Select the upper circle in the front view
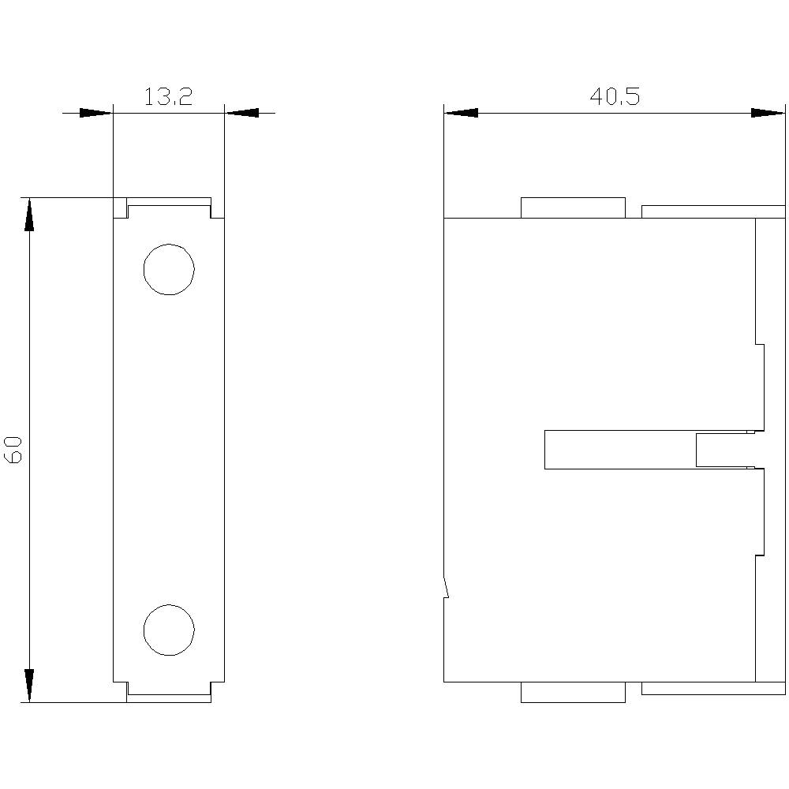(x=169, y=270)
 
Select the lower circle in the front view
(x=169, y=629)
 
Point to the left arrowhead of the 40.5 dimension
(x=461, y=113)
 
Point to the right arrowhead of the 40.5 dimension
(x=768, y=113)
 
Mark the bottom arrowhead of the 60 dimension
(x=29, y=685)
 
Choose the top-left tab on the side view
(x=573, y=208)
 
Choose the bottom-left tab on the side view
(x=573, y=692)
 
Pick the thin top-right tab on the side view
(x=713, y=211)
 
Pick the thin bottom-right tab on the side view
(x=713, y=688)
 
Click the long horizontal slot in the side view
(x=620, y=450)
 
